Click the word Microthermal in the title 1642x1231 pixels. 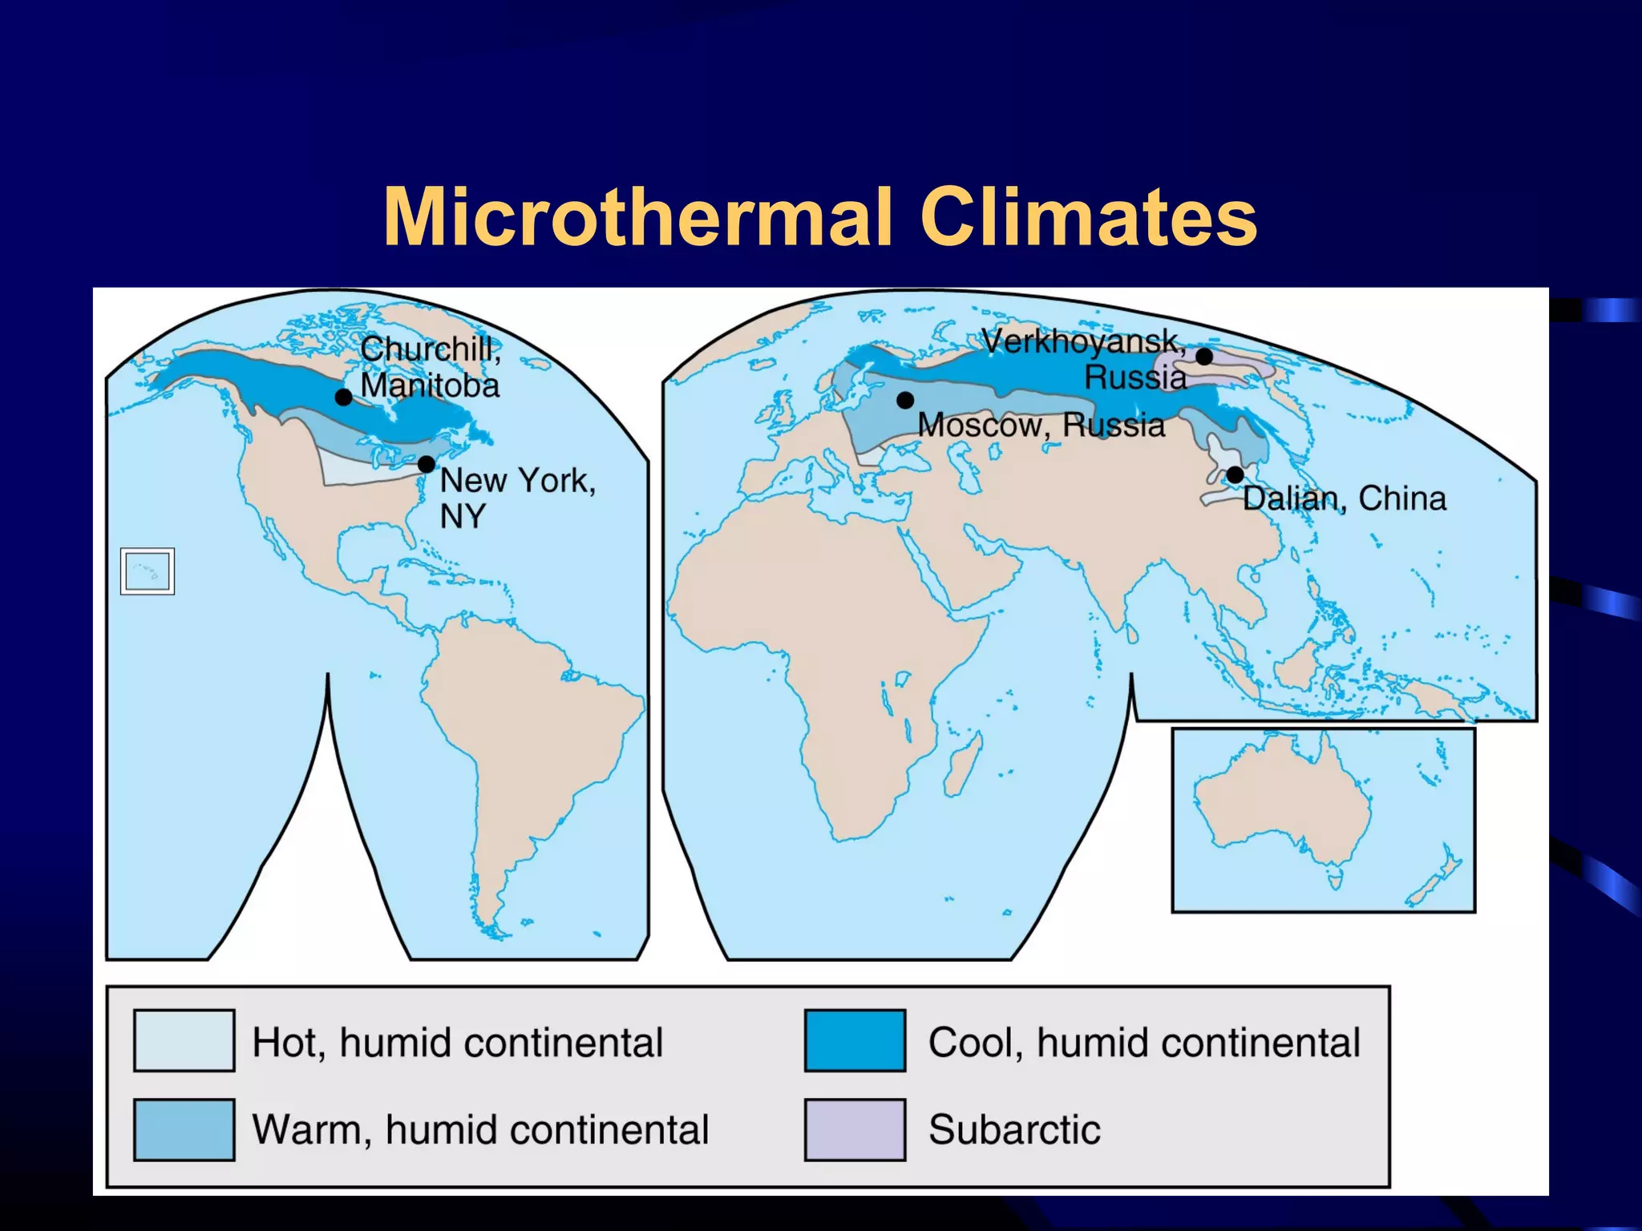click(x=637, y=217)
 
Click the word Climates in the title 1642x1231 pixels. click(x=1088, y=217)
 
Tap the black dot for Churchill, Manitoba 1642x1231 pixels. click(x=343, y=397)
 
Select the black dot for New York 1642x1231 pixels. click(x=427, y=464)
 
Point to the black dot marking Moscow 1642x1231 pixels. click(x=905, y=400)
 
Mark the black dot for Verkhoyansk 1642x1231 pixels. click(x=1204, y=357)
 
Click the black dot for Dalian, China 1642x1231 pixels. click(x=1235, y=474)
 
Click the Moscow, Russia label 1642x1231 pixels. click(x=1041, y=425)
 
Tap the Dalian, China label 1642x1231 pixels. click(x=1344, y=498)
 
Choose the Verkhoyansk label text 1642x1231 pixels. click(x=1082, y=342)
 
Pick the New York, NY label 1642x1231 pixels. click(x=517, y=497)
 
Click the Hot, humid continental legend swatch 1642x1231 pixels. click(x=184, y=1040)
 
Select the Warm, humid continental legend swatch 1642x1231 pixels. click(x=184, y=1129)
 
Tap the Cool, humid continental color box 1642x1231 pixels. click(x=855, y=1040)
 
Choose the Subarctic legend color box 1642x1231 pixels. click(x=855, y=1129)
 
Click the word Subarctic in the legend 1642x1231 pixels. click(x=1014, y=1129)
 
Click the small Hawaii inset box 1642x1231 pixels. click(x=148, y=571)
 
